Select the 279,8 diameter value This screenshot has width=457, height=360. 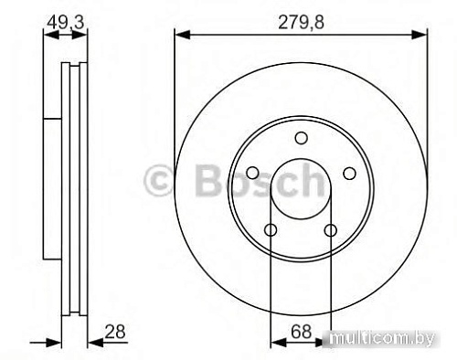[x=302, y=17]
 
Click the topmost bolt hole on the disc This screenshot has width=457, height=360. [x=301, y=138]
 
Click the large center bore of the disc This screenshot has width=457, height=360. [x=301, y=189]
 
